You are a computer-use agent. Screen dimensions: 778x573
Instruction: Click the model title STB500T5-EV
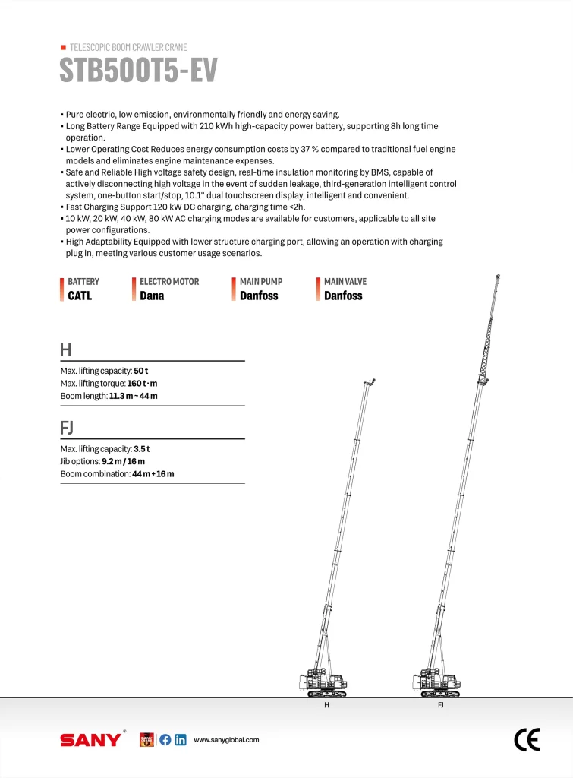point(138,71)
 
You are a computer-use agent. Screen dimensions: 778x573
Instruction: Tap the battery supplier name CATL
point(80,296)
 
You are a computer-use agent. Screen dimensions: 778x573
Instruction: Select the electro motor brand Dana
point(152,296)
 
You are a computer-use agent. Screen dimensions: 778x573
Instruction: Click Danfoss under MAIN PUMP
point(259,296)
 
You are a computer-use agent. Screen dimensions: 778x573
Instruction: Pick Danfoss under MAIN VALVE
point(343,296)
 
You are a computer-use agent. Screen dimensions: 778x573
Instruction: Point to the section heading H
point(66,350)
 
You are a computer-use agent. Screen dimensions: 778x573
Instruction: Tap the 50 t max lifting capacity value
point(141,370)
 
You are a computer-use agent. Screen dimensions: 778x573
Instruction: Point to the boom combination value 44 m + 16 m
point(153,474)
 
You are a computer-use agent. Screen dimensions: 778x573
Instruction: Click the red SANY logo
point(90,740)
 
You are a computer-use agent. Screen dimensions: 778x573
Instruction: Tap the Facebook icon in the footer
point(165,740)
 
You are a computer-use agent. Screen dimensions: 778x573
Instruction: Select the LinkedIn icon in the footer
point(180,740)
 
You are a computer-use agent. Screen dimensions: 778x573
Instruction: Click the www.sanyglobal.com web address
point(227,740)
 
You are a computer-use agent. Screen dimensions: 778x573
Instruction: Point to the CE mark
point(527,739)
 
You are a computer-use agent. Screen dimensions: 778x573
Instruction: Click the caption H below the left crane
point(326,706)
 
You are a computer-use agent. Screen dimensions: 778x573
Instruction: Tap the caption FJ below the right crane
point(440,706)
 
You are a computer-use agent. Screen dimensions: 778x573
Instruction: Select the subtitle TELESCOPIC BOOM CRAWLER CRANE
point(128,47)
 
